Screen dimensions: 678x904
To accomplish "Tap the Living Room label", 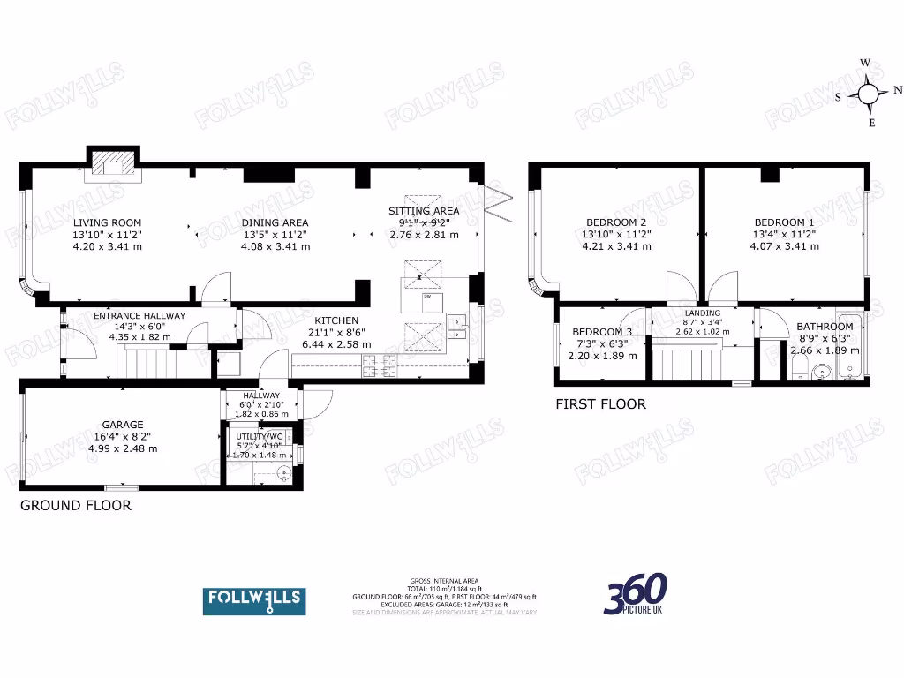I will click(x=107, y=222).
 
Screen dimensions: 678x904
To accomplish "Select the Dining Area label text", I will click(x=275, y=222).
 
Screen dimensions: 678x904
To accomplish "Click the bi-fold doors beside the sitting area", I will click(x=497, y=205).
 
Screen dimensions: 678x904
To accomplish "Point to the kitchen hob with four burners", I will click(x=380, y=364).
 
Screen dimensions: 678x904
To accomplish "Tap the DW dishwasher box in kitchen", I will click(x=426, y=298).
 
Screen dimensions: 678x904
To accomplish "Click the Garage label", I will click(x=122, y=425).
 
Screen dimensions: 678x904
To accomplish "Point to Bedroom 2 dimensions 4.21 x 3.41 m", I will click(x=616, y=247).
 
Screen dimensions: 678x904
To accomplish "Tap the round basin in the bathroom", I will click(x=821, y=372).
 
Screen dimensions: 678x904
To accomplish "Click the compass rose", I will click(x=868, y=93).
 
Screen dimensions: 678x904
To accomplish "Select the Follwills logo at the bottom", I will click(x=254, y=600).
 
